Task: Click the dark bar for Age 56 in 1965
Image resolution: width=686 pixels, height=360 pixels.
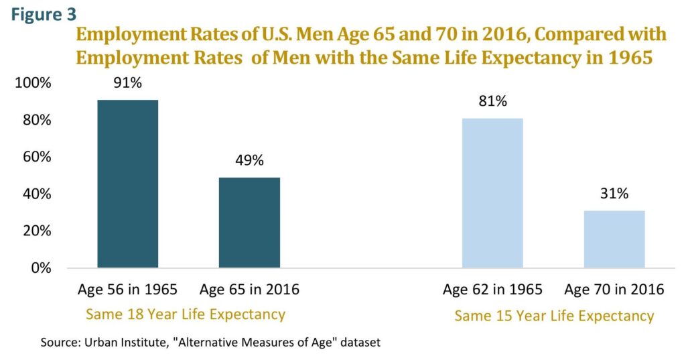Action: click(x=128, y=184)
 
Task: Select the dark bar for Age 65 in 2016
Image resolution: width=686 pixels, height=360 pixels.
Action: click(x=249, y=223)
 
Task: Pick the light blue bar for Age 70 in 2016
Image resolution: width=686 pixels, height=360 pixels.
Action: click(x=614, y=239)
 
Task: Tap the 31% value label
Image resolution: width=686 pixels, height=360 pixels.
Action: click(x=614, y=194)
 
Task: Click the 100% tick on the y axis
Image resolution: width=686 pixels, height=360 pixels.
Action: click(x=33, y=84)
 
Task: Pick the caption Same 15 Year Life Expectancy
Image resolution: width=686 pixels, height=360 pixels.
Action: click(x=554, y=316)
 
